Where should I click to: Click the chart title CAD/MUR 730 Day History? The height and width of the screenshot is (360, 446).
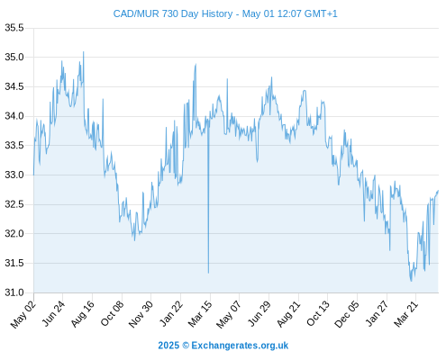(173, 13)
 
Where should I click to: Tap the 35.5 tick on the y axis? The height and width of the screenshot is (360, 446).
(14, 28)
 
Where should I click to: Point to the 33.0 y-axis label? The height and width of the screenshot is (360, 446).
(14, 175)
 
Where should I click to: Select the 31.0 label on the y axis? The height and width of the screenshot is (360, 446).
(14, 292)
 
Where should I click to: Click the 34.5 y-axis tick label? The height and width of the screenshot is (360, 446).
(14, 87)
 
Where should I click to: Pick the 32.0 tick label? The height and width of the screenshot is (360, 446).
(14, 234)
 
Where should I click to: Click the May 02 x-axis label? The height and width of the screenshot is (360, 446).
(23, 314)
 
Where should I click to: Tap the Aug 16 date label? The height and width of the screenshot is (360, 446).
(82, 314)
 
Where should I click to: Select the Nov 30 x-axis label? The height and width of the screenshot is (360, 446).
(141, 314)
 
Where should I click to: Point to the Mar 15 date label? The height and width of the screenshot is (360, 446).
(200, 314)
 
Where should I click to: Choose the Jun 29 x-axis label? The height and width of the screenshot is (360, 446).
(259, 314)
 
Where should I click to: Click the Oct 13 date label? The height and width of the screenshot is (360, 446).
(318, 314)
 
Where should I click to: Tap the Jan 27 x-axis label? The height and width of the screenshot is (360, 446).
(377, 314)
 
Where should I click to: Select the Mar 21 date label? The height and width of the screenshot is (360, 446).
(405, 314)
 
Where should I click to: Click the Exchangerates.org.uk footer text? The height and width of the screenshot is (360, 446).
(240, 346)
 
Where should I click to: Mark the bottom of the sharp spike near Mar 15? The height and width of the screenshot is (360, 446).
(208, 273)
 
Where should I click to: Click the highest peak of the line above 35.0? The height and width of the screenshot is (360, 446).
(84, 52)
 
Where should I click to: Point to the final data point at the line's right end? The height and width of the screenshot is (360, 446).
(438, 190)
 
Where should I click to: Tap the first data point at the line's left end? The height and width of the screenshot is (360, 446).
(33, 175)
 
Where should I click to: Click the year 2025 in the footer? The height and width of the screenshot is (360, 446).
(168, 346)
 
